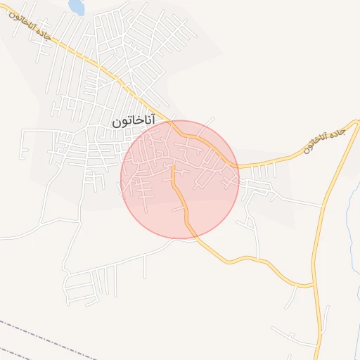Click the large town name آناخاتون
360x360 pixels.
pyautogui.click(x=133, y=122)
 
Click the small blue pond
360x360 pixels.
pyautogui.click(x=75, y=7)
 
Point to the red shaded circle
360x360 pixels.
pyautogui.click(x=180, y=180)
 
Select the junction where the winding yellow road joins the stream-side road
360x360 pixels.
pyautogui.click(x=312, y=285)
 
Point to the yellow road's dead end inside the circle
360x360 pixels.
pyautogui.click(x=173, y=167)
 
